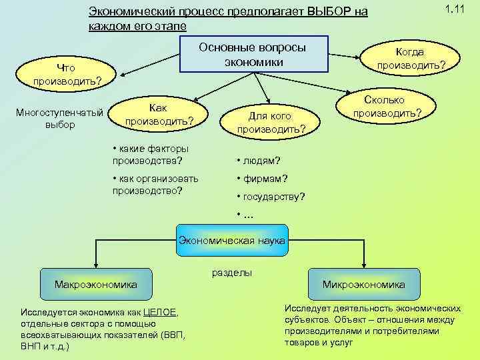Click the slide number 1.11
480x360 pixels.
455,9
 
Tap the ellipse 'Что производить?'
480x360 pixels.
67,74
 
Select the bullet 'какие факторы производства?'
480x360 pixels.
152,154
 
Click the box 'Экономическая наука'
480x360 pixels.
231,240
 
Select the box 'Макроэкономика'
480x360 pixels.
96,285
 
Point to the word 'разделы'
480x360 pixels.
232,273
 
